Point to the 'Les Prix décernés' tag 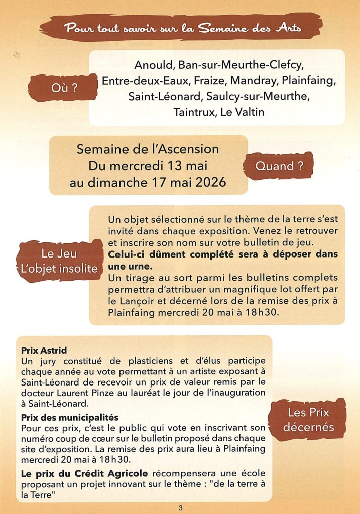(x=308, y=420)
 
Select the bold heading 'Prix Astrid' (x=44, y=350)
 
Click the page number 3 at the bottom (x=180, y=508)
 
